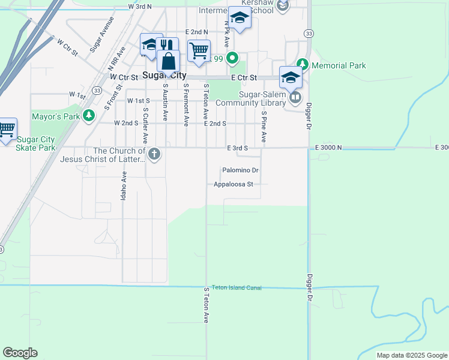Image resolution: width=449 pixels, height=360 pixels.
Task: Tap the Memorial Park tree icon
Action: click(x=303, y=64)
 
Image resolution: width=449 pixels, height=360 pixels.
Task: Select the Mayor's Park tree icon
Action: click(x=89, y=115)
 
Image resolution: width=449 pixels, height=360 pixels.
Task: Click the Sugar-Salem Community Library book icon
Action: click(x=295, y=97)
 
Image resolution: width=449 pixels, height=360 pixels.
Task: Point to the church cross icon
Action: click(x=154, y=154)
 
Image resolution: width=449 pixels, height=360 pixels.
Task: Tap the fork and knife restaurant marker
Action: click(x=167, y=46)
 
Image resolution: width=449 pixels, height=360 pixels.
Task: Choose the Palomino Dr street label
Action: click(x=240, y=170)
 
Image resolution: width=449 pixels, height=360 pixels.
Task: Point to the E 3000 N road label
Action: click(x=328, y=147)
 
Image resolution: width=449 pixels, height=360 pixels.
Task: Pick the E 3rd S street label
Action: click(x=237, y=148)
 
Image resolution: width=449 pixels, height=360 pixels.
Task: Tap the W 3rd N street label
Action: click(x=140, y=6)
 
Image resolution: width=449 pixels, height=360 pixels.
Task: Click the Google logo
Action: click(x=20, y=353)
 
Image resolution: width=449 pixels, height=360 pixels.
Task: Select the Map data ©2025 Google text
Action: click(x=412, y=355)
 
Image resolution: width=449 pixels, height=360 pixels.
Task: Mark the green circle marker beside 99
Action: click(x=233, y=59)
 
